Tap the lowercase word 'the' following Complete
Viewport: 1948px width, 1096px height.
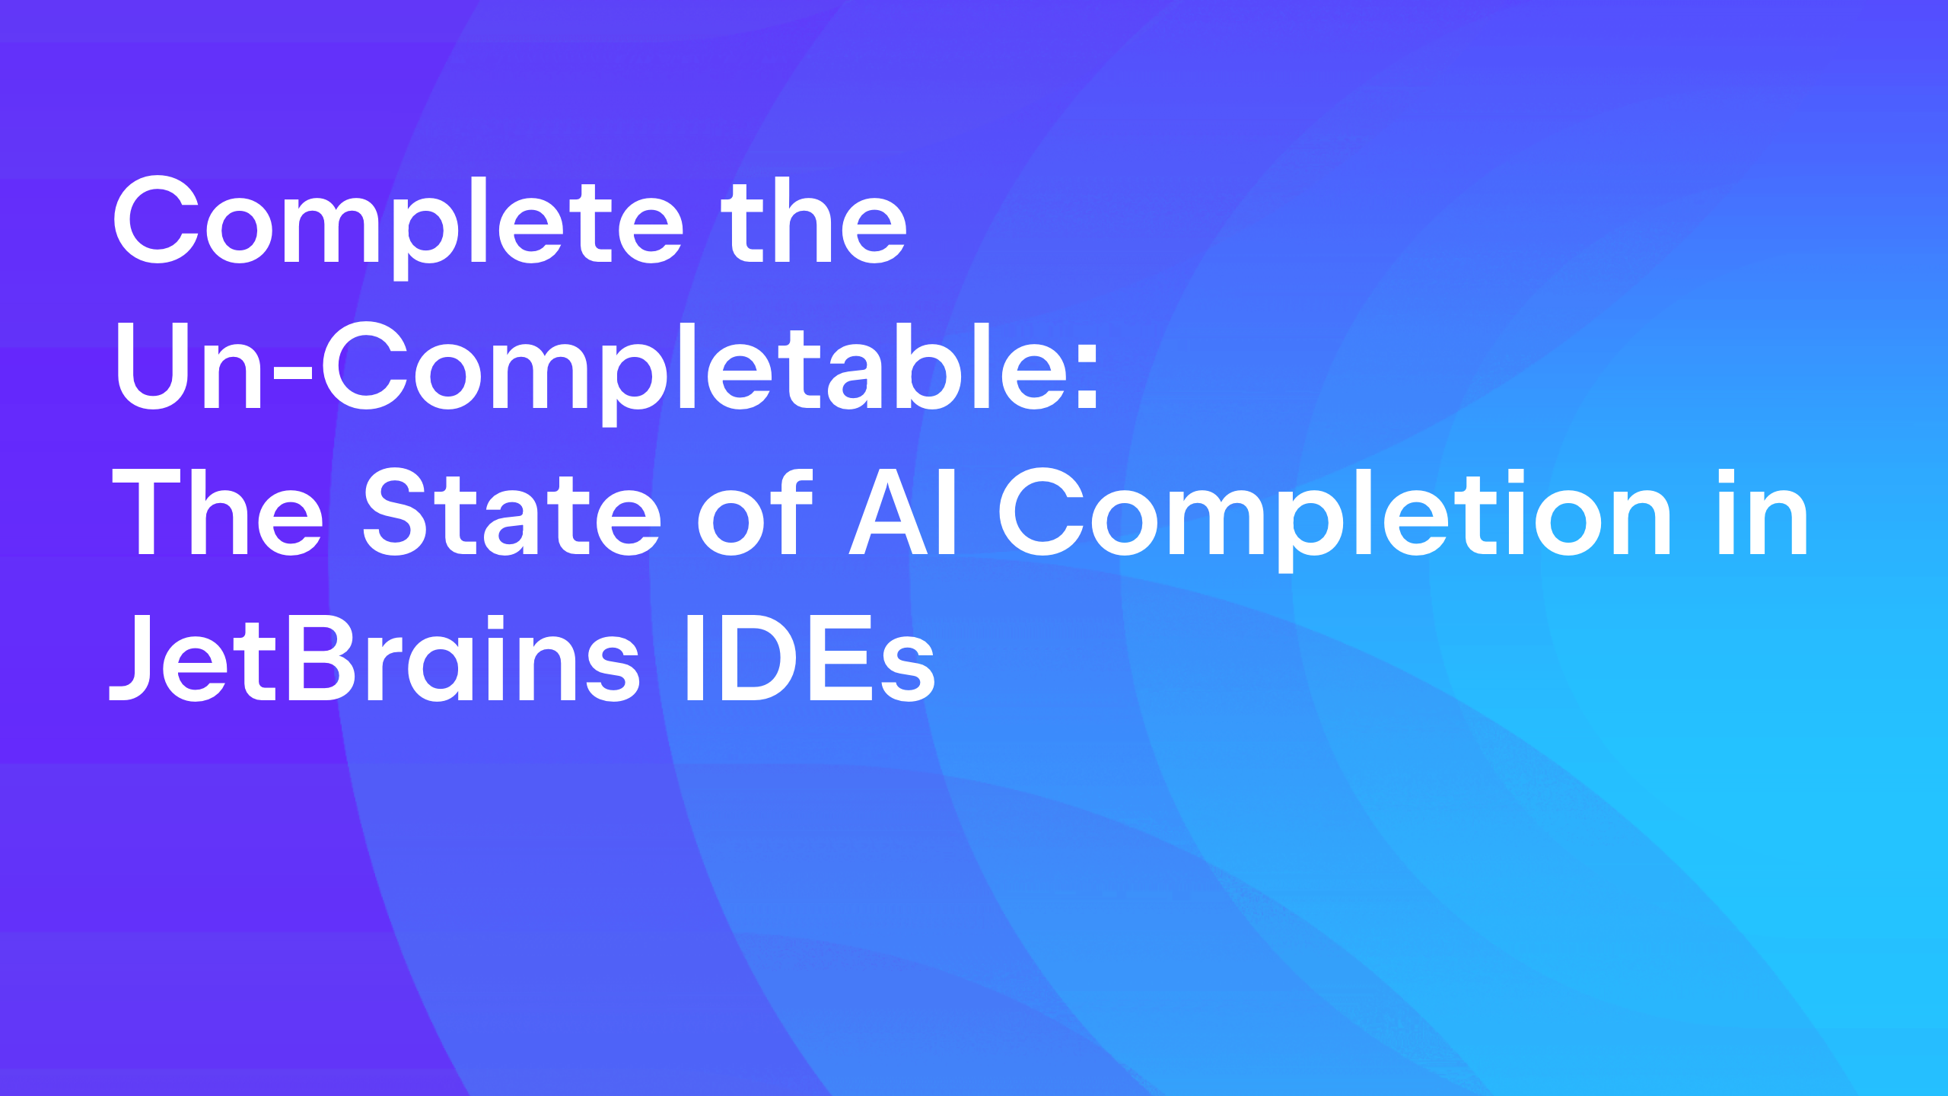coord(814,221)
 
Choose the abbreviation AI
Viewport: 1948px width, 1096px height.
coord(902,511)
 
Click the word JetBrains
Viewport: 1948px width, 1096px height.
coord(375,658)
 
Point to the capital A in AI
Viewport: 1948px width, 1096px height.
coord(889,511)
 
